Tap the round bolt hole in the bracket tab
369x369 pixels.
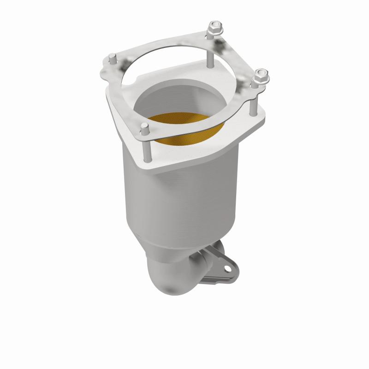tap(227, 266)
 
